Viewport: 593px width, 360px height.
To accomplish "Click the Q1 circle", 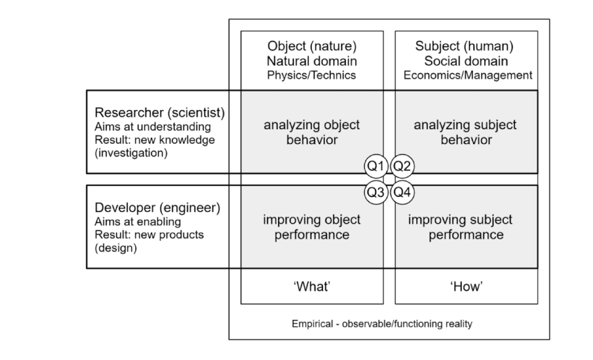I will [376, 165].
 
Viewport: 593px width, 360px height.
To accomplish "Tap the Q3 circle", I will [376, 192].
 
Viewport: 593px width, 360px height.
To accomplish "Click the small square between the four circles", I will [389, 179].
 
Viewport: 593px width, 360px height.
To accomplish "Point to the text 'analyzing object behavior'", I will [312, 132].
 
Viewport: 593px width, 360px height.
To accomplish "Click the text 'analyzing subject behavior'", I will [466, 132].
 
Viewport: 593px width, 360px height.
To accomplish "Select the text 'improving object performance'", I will [312, 227].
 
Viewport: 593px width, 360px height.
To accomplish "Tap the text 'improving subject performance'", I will [466, 227].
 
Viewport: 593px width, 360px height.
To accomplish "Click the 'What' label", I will [312, 286].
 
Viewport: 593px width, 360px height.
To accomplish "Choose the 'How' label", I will [466, 286].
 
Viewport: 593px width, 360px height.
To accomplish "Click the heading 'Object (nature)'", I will [312, 46].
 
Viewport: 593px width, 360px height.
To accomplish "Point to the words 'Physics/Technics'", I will [312, 75].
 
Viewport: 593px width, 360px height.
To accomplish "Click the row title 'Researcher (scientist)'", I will [160, 113].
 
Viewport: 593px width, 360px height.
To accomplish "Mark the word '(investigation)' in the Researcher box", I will [131, 154].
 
